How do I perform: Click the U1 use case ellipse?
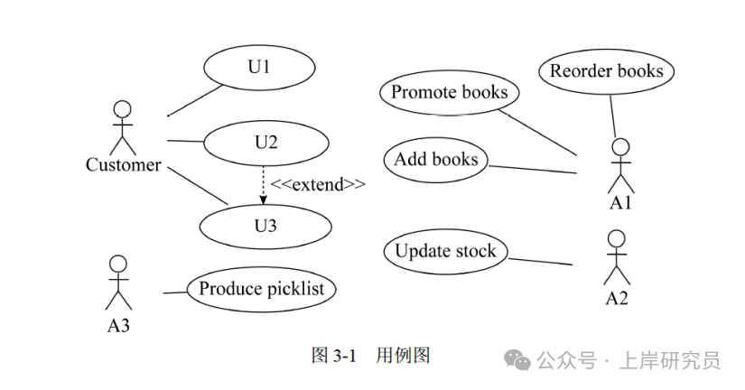point(259,67)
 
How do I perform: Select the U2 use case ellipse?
point(265,143)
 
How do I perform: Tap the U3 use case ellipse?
point(265,226)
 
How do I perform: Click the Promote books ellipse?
point(450,92)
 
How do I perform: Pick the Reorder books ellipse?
point(606,71)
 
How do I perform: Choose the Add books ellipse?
point(436,160)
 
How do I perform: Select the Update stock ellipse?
point(445,251)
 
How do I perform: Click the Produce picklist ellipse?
point(261,290)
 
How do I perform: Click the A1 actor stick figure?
point(620,165)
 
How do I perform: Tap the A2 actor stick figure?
point(616,257)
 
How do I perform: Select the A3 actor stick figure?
point(118,283)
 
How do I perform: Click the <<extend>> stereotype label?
point(318,185)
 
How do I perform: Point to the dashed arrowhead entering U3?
point(264,200)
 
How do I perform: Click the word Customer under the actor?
point(123,165)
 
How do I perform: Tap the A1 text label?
point(620,203)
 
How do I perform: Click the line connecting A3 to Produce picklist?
point(174,292)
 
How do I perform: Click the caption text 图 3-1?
point(331,355)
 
